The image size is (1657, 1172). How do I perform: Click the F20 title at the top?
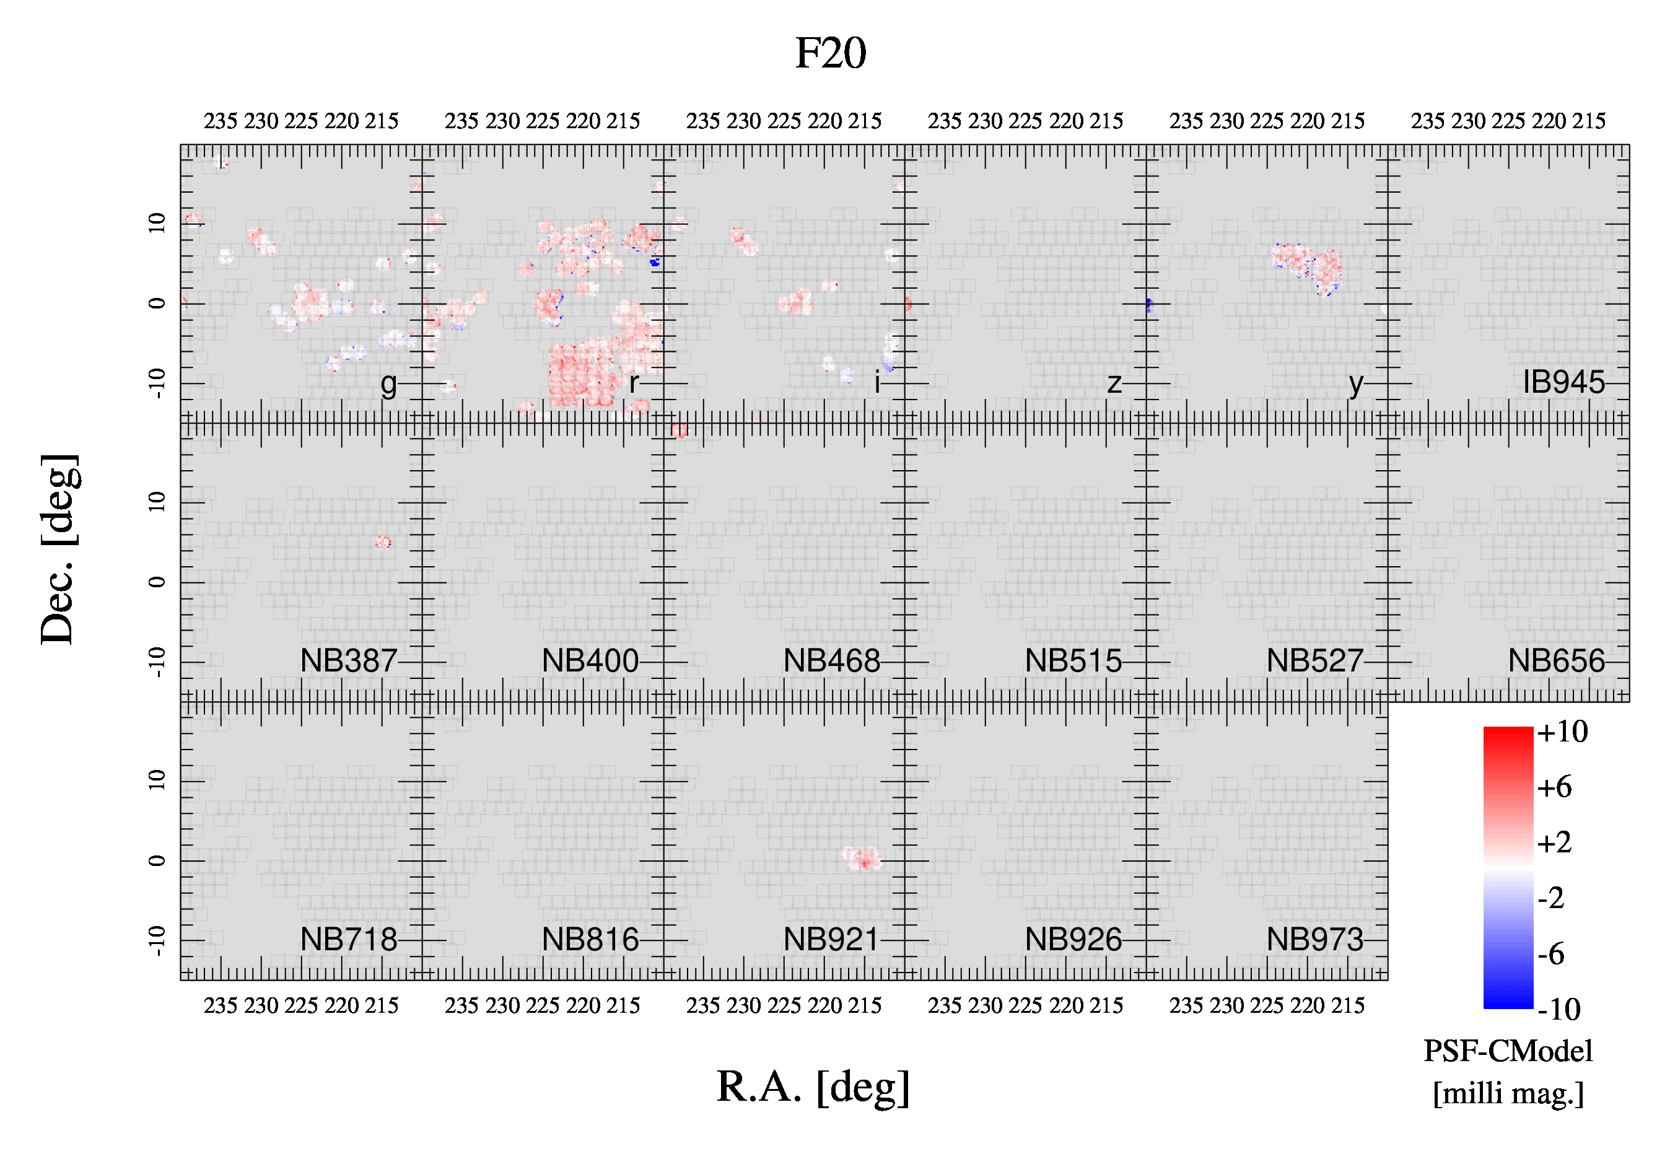[x=830, y=53]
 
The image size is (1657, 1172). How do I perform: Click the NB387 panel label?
[x=349, y=660]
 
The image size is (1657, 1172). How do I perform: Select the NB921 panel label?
[x=831, y=940]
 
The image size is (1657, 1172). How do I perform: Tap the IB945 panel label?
[x=1564, y=382]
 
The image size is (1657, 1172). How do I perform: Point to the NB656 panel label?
[x=1557, y=660]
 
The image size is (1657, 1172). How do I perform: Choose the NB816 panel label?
[x=590, y=940]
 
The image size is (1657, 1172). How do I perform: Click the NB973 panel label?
[x=1315, y=940]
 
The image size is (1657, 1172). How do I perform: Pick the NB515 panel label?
[x=1073, y=660]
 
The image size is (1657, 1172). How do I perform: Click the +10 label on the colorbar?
[x=1562, y=732]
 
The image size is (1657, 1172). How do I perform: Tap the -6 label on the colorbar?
[x=1551, y=954]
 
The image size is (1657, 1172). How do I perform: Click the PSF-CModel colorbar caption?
[x=1508, y=1051]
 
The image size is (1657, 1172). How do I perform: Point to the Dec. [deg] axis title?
[x=59, y=549]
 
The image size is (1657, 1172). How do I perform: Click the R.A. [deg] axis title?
[x=813, y=1087]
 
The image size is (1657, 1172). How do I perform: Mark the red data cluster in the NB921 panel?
[x=862, y=859]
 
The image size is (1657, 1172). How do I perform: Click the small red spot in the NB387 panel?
[x=383, y=542]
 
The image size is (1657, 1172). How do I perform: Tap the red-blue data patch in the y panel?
[x=1307, y=268]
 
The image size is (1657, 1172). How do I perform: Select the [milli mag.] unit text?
[x=1508, y=1093]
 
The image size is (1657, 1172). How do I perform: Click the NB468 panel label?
[x=831, y=660]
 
